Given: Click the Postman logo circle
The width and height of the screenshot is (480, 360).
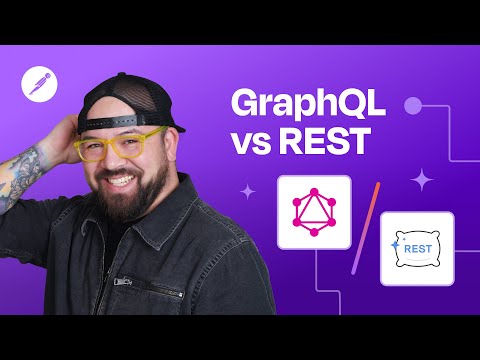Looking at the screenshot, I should [x=37, y=85].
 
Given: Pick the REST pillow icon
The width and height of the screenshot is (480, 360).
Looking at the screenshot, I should [x=416, y=248].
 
